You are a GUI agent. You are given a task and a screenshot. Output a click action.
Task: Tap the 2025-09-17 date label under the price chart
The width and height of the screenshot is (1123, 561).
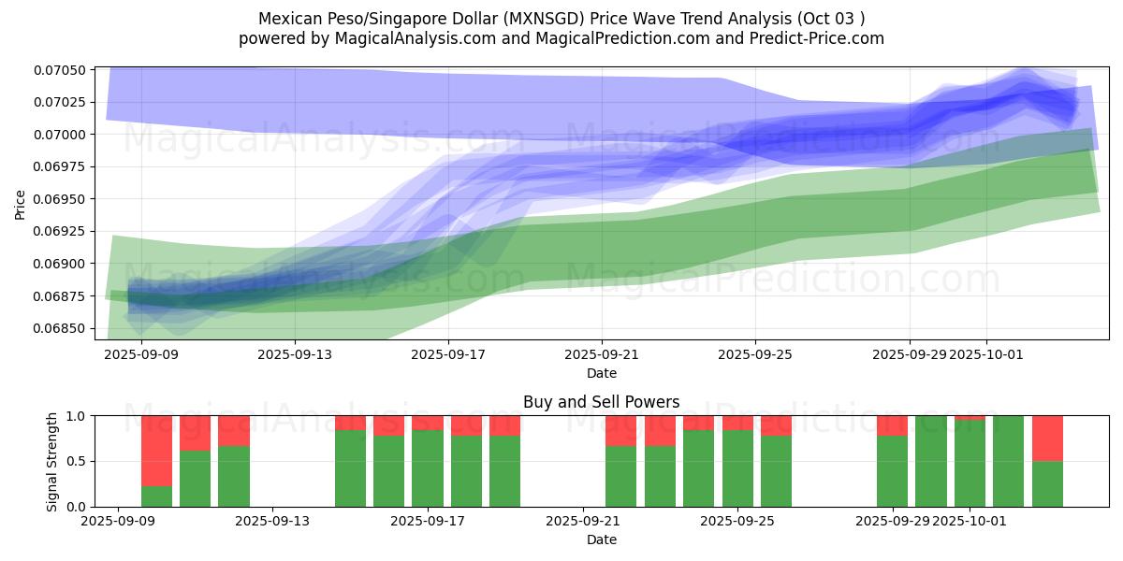tap(448, 355)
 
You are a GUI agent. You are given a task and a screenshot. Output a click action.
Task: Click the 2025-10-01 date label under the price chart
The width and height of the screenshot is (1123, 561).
tap(985, 355)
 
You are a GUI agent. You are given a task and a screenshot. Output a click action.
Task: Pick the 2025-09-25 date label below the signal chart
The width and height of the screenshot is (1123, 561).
tap(738, 522)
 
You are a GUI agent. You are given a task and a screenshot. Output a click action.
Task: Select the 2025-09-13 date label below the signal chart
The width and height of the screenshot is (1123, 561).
tap(272, 522)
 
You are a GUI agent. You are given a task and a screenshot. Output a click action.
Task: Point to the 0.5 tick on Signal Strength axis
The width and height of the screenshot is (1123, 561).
tap(75, 461)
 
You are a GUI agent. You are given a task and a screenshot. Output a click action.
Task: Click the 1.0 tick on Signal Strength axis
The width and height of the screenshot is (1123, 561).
tap(75, 415)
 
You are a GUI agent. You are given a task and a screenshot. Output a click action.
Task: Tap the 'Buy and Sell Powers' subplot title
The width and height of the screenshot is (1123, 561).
tap(601, 403)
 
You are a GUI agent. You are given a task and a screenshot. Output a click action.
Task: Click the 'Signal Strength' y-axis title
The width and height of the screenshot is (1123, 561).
tap(52, 461)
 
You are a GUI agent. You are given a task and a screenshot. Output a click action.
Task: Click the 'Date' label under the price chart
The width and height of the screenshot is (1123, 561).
tap(601, 373)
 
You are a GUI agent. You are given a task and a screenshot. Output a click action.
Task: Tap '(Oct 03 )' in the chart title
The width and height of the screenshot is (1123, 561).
tap(831, 19)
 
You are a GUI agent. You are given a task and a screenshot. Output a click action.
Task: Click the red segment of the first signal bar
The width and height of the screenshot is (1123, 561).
tap(156, 451)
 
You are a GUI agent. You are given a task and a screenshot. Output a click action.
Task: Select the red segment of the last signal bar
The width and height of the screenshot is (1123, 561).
tap(1047, 438)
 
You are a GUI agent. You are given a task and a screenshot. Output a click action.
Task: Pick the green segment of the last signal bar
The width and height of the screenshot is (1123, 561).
tap(1047, 483)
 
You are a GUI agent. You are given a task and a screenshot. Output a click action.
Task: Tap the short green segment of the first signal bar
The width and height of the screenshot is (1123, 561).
tap(156, 496)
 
